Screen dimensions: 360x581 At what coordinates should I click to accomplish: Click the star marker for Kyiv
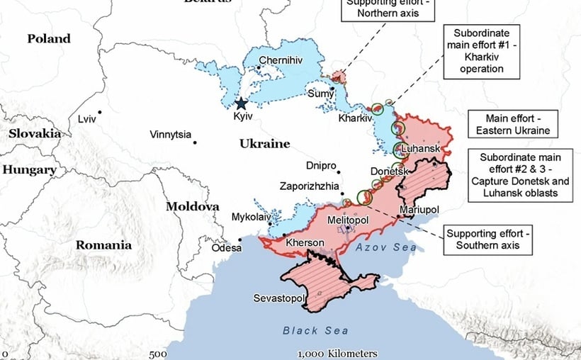[x=242, y=103]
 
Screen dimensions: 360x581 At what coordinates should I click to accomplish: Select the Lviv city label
[x=87, y=119]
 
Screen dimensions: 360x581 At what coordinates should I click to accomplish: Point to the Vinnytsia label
[x=170, y=135]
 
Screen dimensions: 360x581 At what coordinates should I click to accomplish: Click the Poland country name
[x=49, y=39]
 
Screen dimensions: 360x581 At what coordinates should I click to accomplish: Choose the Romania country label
[x=104, y=245]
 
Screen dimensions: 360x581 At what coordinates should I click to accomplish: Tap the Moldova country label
[x=192, y=207]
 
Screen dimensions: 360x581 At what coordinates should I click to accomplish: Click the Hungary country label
[x=29, y=170]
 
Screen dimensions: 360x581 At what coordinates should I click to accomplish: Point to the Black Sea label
[x=315, y=330]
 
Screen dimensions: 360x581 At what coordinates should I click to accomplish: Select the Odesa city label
[x=225, y=248]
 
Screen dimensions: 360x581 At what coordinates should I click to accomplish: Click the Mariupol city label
[x=419, y=210]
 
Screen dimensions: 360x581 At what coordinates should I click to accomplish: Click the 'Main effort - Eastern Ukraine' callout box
[x=509, y=125]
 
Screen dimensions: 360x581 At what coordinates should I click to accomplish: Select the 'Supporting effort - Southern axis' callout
[x=487, y=240]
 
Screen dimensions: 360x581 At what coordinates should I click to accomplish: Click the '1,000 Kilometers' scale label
[x=337, y=354]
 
